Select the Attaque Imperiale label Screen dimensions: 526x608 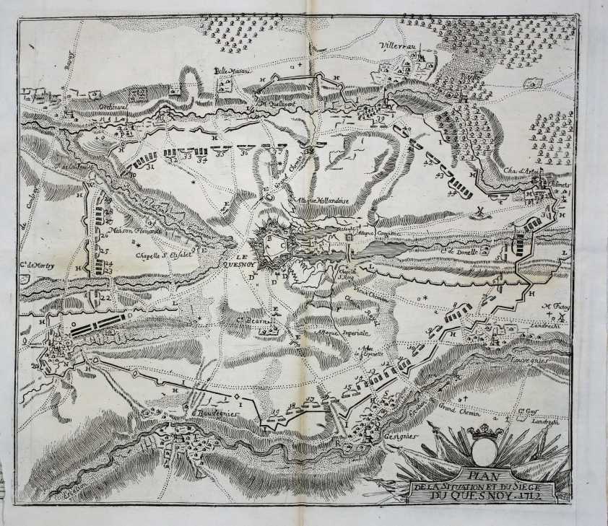[344, 333]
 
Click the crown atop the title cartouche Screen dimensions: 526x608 [485, 433]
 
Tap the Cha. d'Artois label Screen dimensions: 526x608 [520, 171]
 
